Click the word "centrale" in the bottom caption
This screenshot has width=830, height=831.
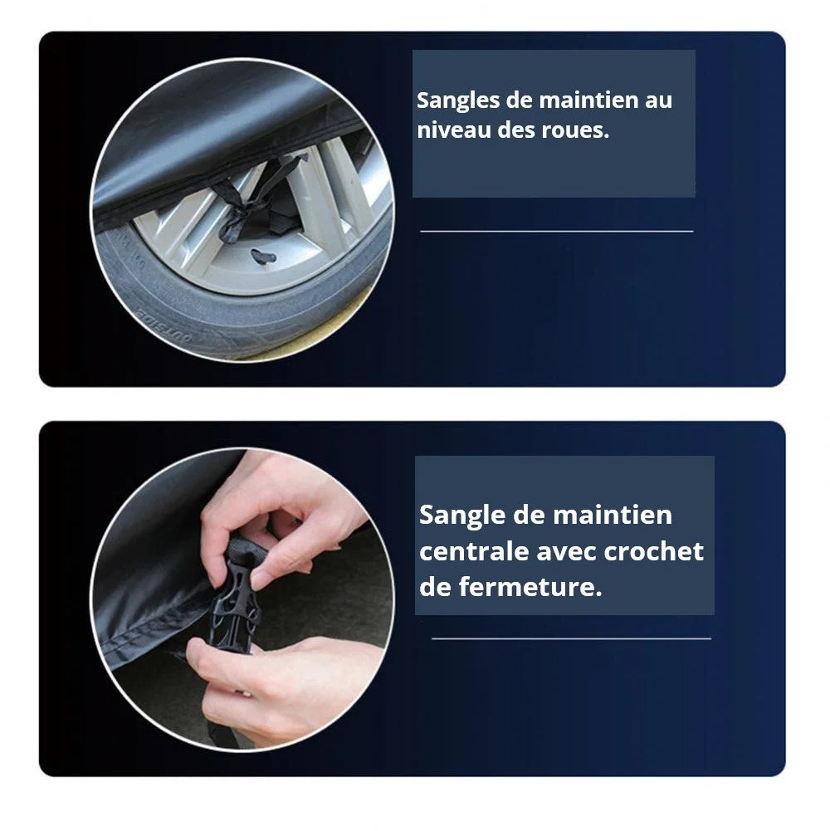(x=473, y=551)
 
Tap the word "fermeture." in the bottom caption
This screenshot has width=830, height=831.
(x=530, y=587)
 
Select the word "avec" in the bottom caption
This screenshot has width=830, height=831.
(x=565, y=552)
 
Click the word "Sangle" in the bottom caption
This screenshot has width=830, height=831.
(x=462, y=516)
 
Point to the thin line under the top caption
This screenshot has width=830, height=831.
(x=556, y=231)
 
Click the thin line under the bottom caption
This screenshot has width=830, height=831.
(x=571, y=638)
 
